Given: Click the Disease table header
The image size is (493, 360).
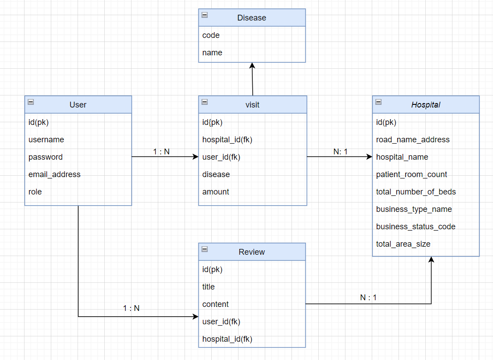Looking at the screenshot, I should [x=252, y=18].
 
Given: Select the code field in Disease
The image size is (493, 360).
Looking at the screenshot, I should [x=211, y=35].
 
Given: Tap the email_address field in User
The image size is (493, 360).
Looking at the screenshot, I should [x=54, y=174].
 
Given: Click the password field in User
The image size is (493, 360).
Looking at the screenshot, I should [x=45, y=157].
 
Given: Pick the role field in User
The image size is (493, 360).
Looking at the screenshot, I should [x=35, y=192].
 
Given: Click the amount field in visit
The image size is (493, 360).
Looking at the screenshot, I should [x=216, y=192].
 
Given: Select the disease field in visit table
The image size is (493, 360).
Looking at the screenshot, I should [x=216, y=174].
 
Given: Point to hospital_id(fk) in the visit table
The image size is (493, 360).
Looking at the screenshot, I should [x=227, y=140].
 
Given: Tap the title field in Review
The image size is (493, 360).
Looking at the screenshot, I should [x=209, y=287].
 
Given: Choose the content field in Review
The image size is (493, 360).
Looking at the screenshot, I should [x=216, y=304].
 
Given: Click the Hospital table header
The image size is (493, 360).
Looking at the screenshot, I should [x=426, y=105].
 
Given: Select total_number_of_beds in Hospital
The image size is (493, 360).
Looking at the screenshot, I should [x=416, y=192].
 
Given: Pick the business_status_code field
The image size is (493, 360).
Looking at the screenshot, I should [x=416, y=227].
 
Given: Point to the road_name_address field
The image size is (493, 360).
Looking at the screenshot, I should [x=413, y=140].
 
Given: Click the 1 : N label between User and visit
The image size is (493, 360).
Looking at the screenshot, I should [x=161, y=152].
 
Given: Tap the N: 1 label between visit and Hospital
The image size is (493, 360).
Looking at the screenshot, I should [x=341, y=152].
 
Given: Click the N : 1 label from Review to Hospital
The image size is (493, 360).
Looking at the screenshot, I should [x=368, y=298].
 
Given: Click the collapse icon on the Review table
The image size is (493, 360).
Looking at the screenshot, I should [x=205, y=249].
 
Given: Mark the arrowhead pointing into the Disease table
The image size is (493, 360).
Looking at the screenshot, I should [x=252, y=66].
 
